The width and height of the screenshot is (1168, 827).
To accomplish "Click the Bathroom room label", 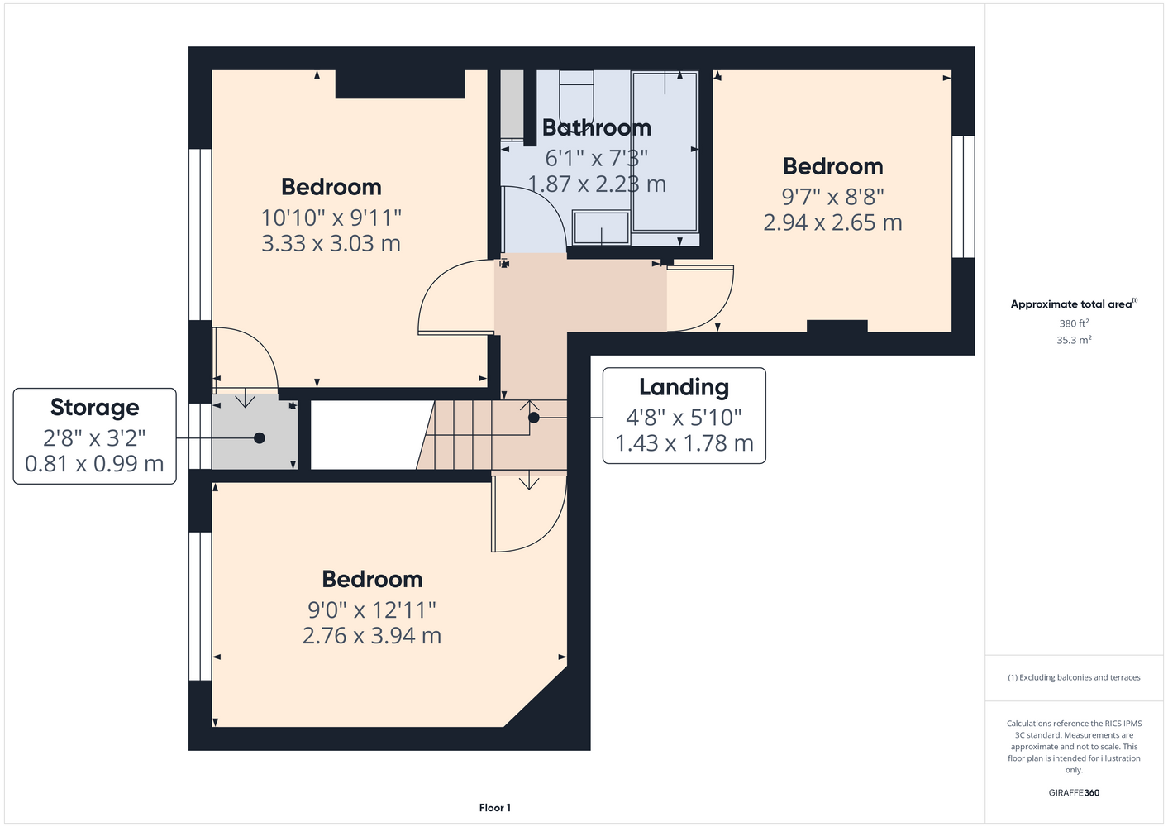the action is (x=597, y=128).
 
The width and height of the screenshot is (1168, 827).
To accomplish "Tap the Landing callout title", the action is (x=684, y=387).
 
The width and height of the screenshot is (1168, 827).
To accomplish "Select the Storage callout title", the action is (x=95, y=408).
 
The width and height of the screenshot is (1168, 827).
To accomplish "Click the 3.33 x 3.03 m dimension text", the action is (x=331, y=244).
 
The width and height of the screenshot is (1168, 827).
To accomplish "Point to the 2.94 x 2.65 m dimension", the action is (x=832, y=222).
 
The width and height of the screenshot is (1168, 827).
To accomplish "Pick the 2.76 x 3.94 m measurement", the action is (x=372, y=635).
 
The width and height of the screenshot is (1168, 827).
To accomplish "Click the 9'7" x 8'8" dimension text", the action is (x=832, y=197).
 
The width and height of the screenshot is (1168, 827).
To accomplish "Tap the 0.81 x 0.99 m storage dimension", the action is (x=94, y=463).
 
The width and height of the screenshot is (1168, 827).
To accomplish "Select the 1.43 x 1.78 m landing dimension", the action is (x=684, y=443).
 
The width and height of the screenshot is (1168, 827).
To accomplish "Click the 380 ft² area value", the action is (x=1074, y=323).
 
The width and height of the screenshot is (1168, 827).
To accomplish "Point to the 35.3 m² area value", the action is (x=1074, y=340).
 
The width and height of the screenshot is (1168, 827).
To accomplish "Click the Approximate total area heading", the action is (x=1074, y=304).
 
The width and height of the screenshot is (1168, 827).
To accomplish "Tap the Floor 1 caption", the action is (x=495, y=808).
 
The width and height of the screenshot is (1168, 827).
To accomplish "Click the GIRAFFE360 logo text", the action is (x=1074, y=792).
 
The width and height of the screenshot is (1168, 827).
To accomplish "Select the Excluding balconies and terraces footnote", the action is (x=1074, y=677).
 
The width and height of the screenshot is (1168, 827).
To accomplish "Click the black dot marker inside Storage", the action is (x=260, y=438).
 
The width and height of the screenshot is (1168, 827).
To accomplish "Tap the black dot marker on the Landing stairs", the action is (x=533, y=418).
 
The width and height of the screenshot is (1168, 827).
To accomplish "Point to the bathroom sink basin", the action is (x=601, y=227).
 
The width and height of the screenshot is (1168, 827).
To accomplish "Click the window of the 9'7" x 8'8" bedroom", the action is (x=963, y=197).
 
